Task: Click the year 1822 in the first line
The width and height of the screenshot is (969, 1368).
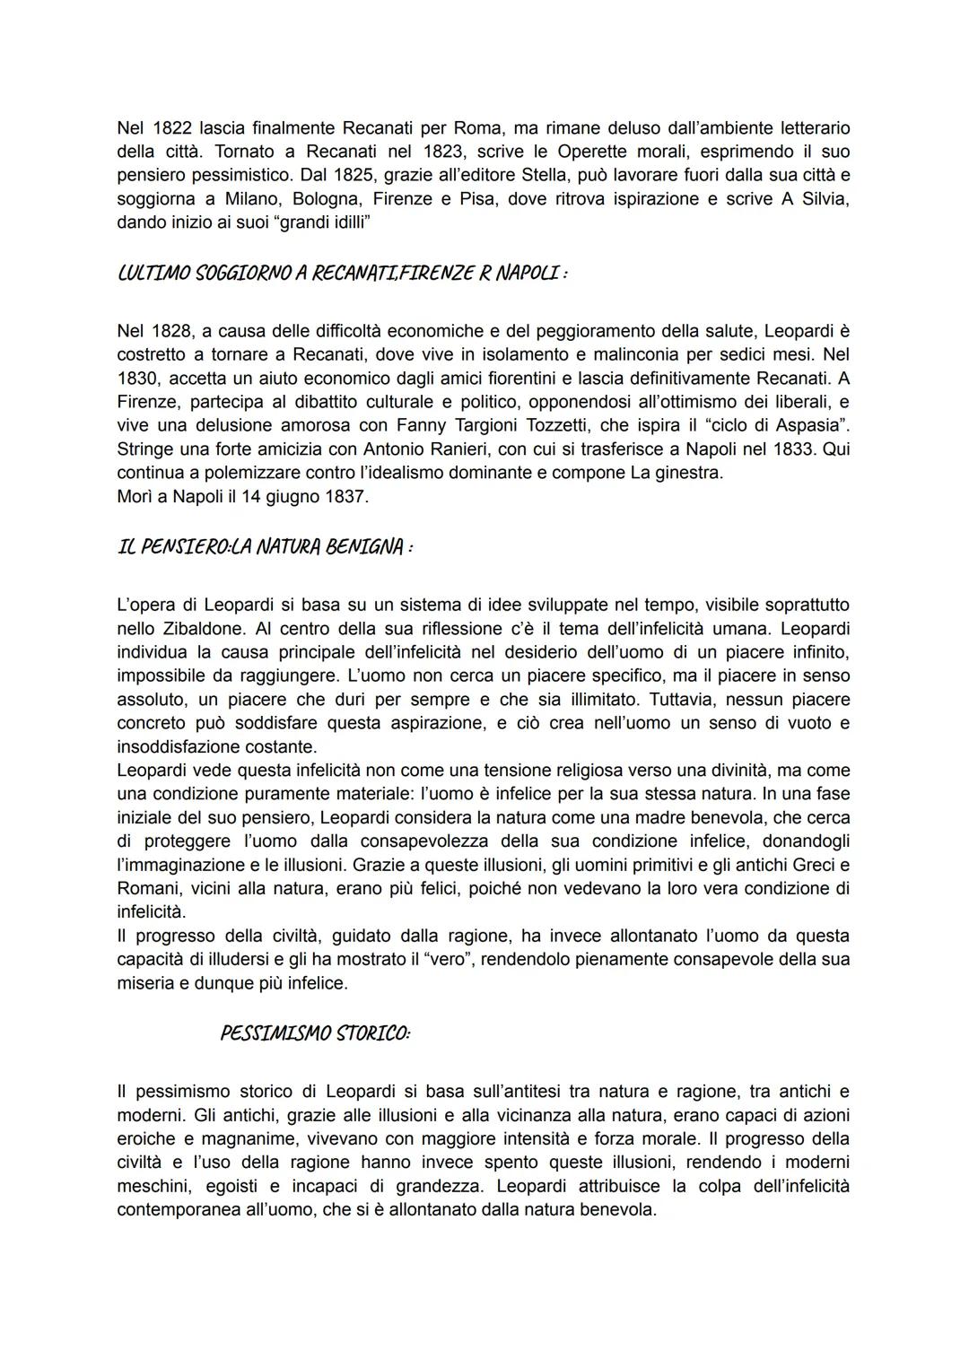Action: pos(171,127)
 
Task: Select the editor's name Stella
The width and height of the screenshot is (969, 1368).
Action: pos(559,174)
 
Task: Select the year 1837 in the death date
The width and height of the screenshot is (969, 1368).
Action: pos(342,495)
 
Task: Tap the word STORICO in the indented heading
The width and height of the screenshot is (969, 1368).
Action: pos(371,1033)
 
